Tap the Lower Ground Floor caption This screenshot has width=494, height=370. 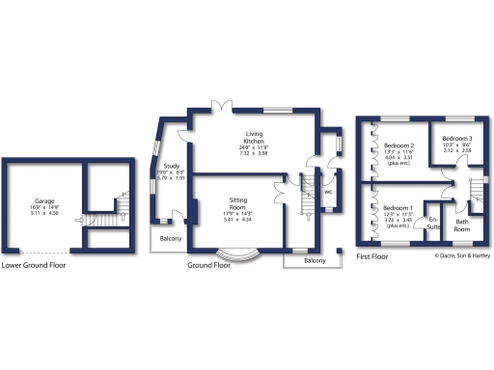pyautogui.click(x=34, y=264)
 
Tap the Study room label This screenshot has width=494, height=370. pyautogui.click(x=170, y=165)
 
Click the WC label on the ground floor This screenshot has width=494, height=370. pyautogui.click(x=328, y=190)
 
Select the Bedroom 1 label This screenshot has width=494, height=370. pyautogui.click(x=398, y=208)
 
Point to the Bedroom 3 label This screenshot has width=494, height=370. pyautogui.click(x=457, y=138)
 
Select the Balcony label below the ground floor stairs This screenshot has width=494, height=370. pyautogui.click(x=315, y=260)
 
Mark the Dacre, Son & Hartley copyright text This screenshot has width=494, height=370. pyautogui.click(x=462, y=255)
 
